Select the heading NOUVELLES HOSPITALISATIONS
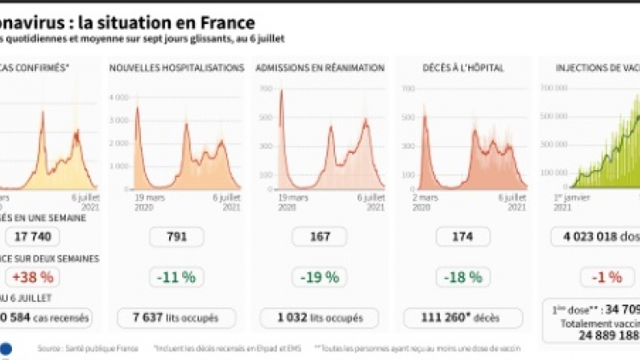[x=177, y=68]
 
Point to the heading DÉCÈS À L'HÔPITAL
[x=462, y=68]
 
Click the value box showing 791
[x=176, y=237]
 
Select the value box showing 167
[x=320, y=237]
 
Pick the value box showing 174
[x=463, y=237]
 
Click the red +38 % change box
[x=32, y=277]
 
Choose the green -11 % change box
[x=176, y=277]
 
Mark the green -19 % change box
[x=320, y=277]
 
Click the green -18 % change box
[x=463, y=277]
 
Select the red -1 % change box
[x=606, y=277]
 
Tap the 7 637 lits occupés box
[x=176, y=317]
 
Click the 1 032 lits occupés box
[x=320, y=317]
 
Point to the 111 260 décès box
[x=463, y=317]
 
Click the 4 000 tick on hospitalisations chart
[x=117, y=97]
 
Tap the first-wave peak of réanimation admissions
[x=281, y=91]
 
